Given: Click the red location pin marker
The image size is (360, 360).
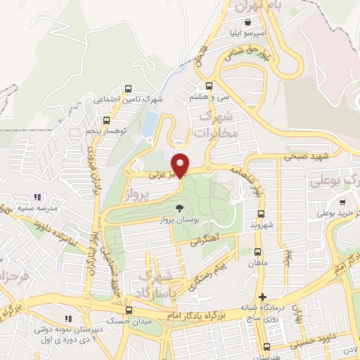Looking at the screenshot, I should point(181,165).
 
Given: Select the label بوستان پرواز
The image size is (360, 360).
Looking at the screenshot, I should point(179,219).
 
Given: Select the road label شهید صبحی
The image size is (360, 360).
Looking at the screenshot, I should point(304,157).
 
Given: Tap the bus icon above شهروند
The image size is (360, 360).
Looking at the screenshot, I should point(260,214).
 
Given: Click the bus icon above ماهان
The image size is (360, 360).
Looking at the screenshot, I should point(256,251).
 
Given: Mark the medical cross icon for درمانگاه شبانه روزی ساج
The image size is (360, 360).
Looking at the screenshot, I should point(262,297).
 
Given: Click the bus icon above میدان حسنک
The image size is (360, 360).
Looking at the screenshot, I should point(128,309).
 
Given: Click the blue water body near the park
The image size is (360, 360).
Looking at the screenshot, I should point(148,124).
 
